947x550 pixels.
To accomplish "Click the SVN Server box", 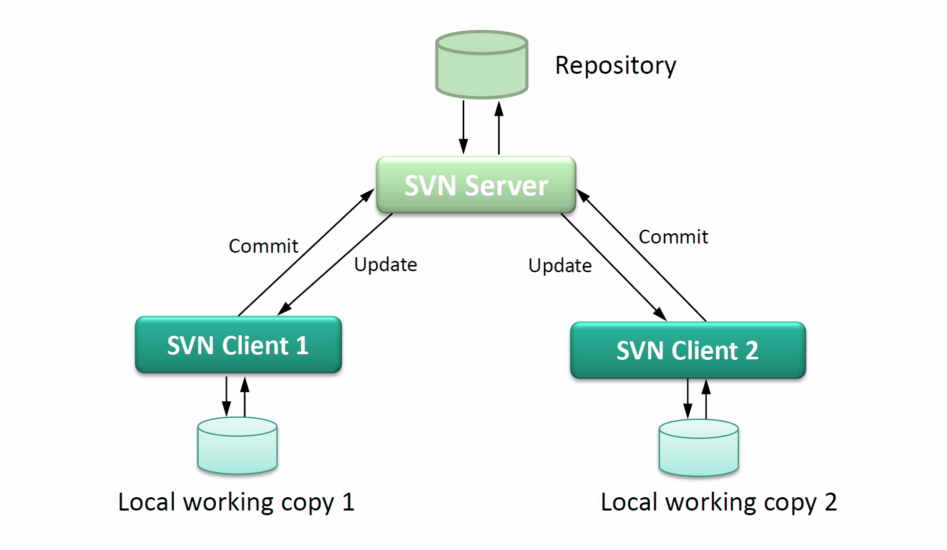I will pos(476,185).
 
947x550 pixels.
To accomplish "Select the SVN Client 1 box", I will pos(238,345).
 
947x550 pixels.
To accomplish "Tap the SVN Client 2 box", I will pos(688,351).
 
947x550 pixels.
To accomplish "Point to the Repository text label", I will pos(615,66).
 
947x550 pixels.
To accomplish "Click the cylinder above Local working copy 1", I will pos(237,446).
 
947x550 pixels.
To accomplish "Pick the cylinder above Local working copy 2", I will pos(698,448).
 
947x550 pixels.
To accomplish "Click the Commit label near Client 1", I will pos(263,246).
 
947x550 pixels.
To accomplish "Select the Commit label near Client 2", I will pos(673,237).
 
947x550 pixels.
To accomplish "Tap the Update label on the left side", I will pos(385,264).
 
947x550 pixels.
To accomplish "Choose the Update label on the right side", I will pos(560,266).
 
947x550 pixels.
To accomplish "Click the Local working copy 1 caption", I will pos(236,502).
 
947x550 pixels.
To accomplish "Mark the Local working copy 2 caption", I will pos(718,502).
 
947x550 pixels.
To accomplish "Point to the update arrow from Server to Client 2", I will pos(613,267).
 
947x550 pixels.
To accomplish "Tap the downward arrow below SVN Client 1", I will pos(227,397).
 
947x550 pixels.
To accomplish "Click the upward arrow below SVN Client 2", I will pos(706,399).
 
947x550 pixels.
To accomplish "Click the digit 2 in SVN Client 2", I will pos(752,351).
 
